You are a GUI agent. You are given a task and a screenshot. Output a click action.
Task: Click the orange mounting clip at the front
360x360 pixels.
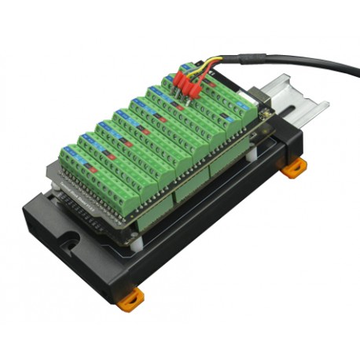131,296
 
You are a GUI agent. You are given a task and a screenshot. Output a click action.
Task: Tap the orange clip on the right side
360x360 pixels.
293,167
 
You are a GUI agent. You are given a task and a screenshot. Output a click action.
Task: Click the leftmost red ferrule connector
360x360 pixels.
178,83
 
